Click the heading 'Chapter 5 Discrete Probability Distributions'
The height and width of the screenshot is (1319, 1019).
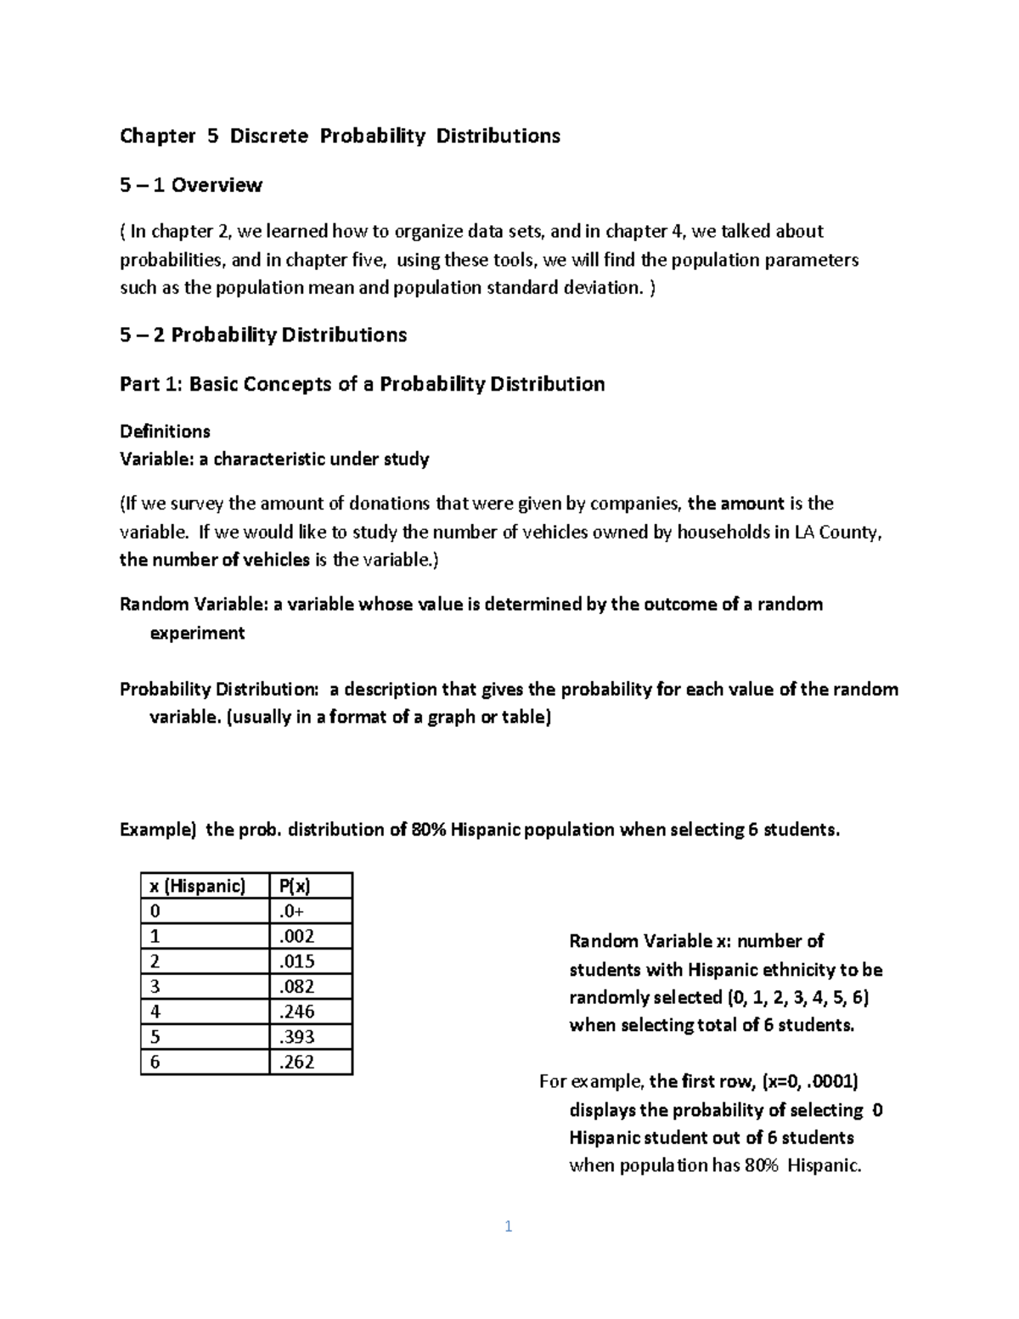tap(340, 136)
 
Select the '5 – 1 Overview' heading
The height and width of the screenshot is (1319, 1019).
tap(191, 185)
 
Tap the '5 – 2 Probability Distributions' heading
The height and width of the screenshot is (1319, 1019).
tap(263, 335)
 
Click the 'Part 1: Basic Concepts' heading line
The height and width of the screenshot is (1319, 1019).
tap(362, 384)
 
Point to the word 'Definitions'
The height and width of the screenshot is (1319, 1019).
tap(165, 431)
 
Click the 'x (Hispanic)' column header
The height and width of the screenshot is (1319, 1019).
tap(197, 886)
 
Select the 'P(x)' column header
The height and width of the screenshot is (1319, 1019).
tap(294, 886)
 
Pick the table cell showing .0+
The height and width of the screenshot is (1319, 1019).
tap(291, 911)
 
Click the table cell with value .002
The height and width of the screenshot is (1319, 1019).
tap(296, 937)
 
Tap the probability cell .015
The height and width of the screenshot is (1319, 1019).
tap(296, 961)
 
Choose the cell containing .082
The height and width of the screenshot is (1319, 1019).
tap(296, 987)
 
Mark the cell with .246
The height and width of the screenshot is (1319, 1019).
tap(296, 1012)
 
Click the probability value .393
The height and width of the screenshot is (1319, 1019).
tap(296, 1037)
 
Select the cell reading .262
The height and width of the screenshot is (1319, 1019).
tap(296, 1062)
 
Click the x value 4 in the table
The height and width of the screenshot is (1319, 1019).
tap(155, 1012)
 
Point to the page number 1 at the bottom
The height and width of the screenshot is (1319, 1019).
tap(508, 1226)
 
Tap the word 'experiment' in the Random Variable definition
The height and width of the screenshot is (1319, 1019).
tap(197, 634)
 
